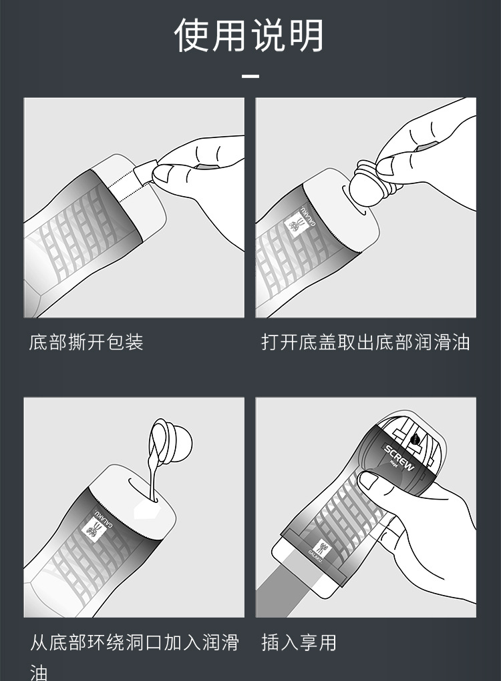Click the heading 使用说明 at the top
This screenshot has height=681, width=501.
tap(249, 35)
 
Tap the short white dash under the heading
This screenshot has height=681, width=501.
tap(251, 76)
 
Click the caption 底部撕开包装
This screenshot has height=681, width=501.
tap(86, 342)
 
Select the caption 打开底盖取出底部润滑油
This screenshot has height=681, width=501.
tap(365, 342)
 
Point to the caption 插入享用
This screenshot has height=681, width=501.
tap(299, 642)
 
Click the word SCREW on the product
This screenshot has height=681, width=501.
tap(399, 458)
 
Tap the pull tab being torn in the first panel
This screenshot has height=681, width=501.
tap(144, 173)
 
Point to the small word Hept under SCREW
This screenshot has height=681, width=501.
tap(393, 464)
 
